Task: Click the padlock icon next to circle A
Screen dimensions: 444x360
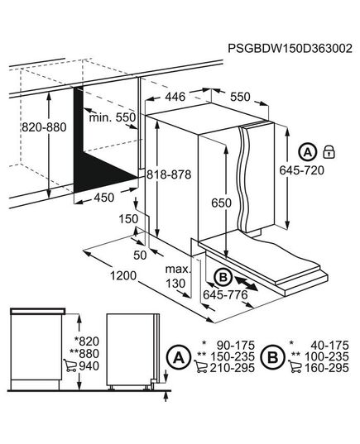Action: (329, 151)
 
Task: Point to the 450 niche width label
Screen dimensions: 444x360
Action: (104, 198)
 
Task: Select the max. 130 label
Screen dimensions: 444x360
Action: (176, 276)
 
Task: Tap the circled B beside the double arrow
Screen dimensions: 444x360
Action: (222, 278)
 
